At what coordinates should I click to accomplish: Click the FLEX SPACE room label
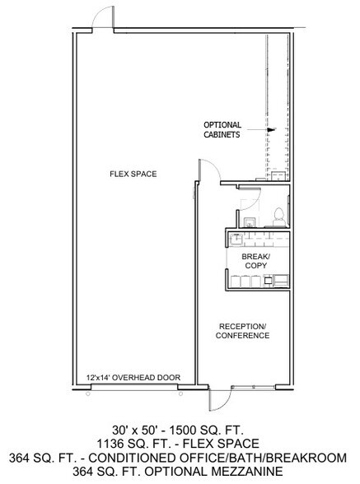[x=133, y=174]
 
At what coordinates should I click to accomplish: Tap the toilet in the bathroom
[x=278, y=217]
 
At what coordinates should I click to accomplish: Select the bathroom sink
[x=250, y=222]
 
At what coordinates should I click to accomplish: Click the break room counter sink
[x=236, y=239]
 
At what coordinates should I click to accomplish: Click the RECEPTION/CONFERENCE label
[x=242, y=331]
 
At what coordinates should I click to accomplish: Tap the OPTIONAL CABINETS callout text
[x=222, y=130]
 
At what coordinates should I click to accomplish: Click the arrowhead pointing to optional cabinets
[x=271, y=130]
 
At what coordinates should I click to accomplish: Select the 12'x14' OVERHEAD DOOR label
[x=133, y=377]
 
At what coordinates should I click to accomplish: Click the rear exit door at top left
[x=104, y=17]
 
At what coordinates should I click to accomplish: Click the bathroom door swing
[x=250, y=198]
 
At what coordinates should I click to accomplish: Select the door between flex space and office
[x=209, y=170]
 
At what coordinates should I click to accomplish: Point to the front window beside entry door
[x=253, y=387]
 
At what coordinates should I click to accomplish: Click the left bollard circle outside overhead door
[x=88, y=393]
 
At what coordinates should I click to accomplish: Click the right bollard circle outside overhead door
[x=180, y=393]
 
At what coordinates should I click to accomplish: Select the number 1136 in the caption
[x=109, y=444]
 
